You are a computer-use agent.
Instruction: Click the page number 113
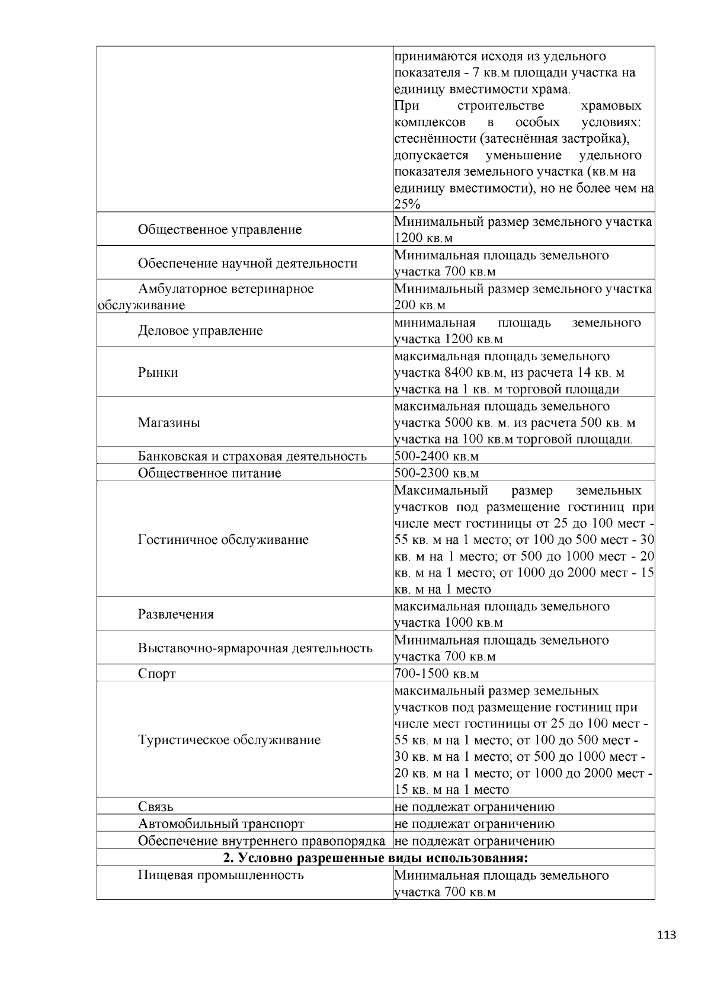[666, 935]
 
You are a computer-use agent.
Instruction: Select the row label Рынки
[158, 373]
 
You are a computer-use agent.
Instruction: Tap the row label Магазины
[169, 422]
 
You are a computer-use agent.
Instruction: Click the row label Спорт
[156, 674]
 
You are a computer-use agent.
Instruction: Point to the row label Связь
[155, 806]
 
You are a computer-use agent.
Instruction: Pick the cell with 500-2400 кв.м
[436, 456]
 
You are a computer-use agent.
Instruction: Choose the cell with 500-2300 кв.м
[436, 473]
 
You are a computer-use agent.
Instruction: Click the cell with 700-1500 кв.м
[436, 674]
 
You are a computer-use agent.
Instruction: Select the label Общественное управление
[219, 229]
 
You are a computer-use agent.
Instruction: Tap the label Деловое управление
[200, 331]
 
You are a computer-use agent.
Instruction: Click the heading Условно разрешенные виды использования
[375, 858]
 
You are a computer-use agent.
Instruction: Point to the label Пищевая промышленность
[220, 875]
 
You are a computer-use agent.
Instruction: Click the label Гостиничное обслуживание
[223, 540]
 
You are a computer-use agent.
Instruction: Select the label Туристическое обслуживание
[229, 739]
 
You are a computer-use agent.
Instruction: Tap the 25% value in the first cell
[407, 205]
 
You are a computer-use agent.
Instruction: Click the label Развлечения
[175, 614]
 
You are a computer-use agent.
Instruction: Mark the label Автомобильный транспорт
[220, 824]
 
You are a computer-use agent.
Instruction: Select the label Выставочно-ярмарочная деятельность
[255, 648]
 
